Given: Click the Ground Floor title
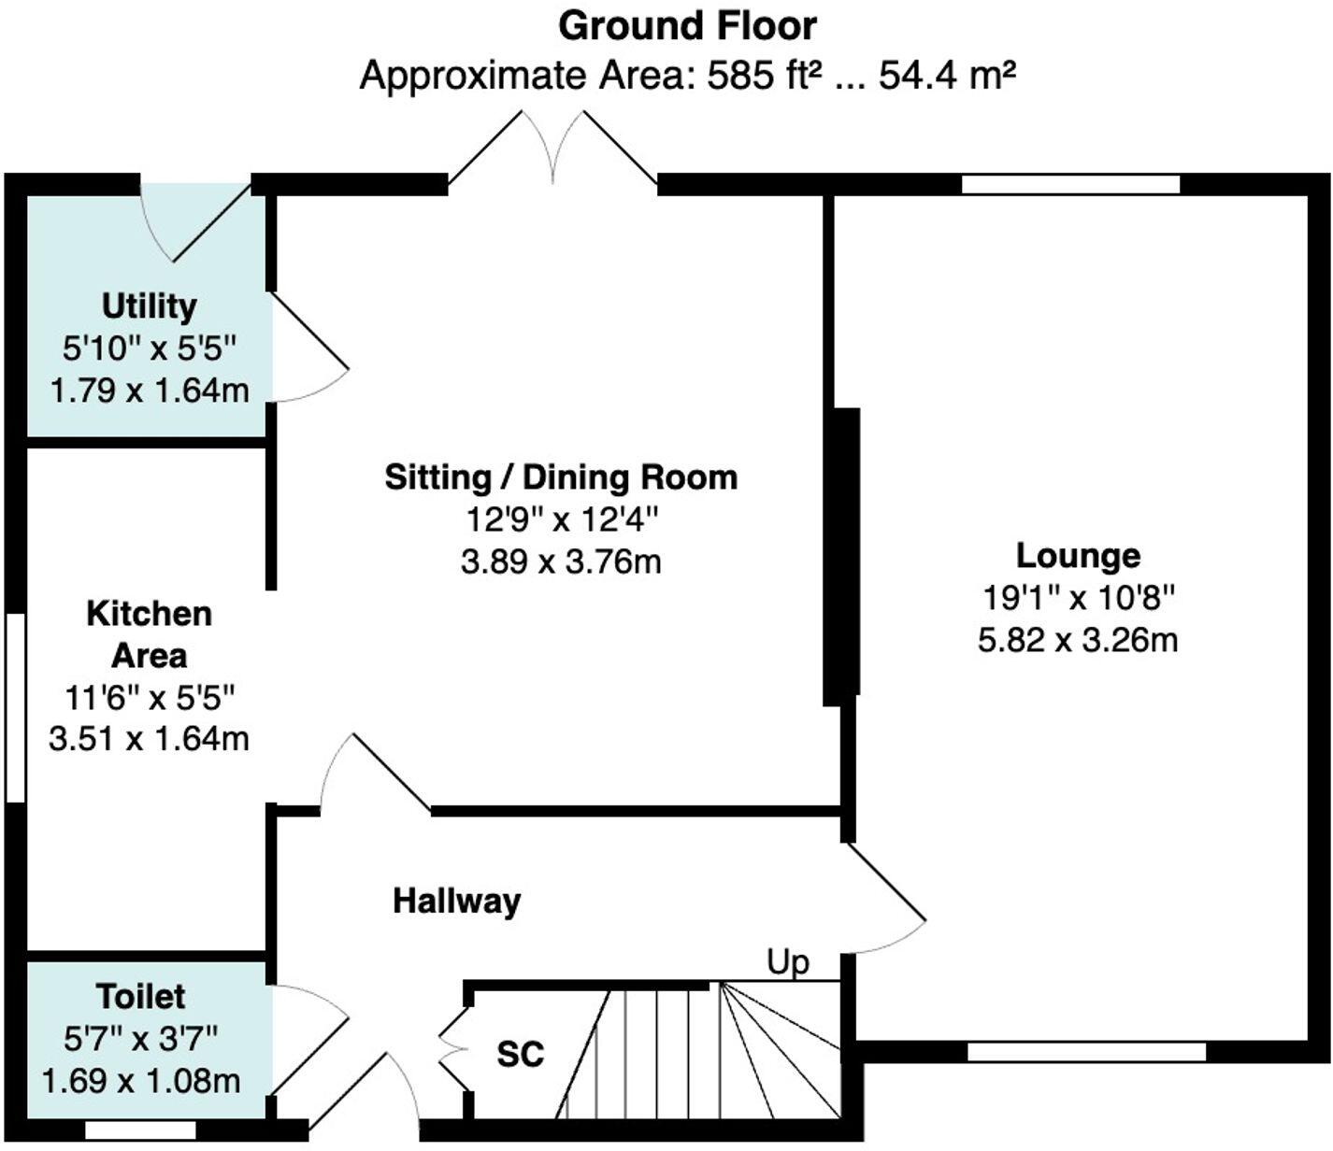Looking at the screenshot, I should [687, 26].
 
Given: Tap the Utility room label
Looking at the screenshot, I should [149, 306].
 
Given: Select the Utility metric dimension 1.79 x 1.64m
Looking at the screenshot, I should [149, 390].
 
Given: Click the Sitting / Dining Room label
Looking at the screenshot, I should [561, 477].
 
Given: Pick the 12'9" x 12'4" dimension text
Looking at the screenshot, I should [561, 519].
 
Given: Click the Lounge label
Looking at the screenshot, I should [1078, 555].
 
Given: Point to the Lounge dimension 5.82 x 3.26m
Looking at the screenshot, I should [1078, 640].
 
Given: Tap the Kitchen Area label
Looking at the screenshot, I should [149, 634].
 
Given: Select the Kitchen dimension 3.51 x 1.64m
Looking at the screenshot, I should [149, 738].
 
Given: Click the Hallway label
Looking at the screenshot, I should [456, 901].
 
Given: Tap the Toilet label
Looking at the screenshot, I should [140, 996].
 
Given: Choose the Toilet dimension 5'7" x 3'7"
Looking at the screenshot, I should [140, 1038].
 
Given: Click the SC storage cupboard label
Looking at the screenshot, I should [520, 1054].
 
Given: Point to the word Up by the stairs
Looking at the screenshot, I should [788, 961].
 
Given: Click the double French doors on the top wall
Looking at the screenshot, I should [553, 149].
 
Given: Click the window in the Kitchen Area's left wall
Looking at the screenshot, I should [15, 707].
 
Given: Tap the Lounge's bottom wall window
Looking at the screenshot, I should [1086, 1052].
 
